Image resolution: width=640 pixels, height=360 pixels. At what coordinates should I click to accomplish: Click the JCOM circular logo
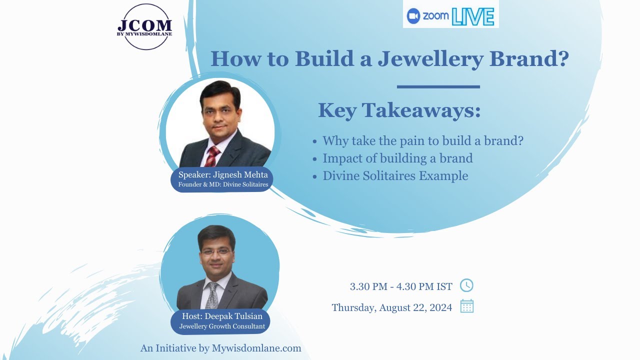(x=144, y=27)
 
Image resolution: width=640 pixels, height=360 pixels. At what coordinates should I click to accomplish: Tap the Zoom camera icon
(x=413, y=16)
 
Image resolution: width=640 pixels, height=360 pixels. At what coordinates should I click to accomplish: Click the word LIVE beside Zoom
(x=472, y=16)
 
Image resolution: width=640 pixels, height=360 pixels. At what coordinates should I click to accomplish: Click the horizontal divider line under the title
(x=438, y=87)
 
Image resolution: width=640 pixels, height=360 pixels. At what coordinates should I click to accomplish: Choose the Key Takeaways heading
(x=399, y=110)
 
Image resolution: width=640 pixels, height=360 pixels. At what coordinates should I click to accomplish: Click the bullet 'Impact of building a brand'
(x=397, y=158)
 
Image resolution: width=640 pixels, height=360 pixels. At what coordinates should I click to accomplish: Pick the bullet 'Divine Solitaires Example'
(x=395, y=176)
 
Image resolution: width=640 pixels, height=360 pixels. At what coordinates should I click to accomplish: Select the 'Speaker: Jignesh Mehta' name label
(x=223, y=175)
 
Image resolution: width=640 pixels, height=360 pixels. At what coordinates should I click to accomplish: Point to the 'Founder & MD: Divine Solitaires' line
(x=223, y=184)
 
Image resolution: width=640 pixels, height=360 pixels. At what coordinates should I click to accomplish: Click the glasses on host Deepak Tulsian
(x=216, y=251)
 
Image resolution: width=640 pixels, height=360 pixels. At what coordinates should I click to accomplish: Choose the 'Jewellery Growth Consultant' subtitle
(x=222, y=326)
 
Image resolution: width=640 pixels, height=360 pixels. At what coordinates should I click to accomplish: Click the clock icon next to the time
(x=466, y=285)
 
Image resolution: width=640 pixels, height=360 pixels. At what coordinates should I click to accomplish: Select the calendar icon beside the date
(x=466, y=306)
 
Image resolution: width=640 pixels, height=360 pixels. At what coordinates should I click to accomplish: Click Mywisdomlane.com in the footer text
(x=256, y=348)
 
